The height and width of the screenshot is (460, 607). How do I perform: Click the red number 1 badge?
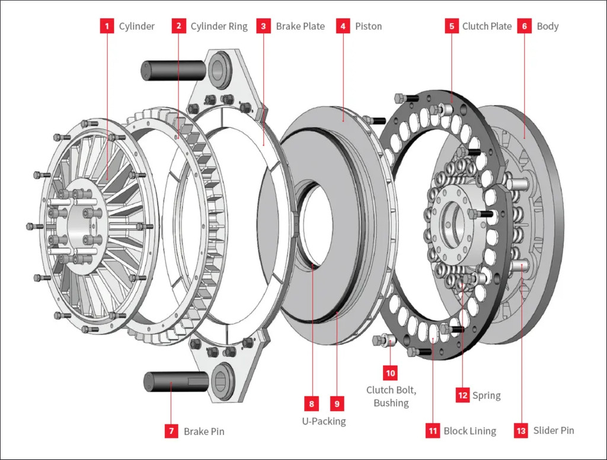[x=107, y=26]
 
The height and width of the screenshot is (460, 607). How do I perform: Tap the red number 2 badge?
[x=178, y=26]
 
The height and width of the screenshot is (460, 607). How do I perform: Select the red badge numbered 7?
[x=171, y=431]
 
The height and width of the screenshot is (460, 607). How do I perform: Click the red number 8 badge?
[x=312, y=404]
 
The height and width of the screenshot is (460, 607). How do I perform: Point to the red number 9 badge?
[x=337, y=404]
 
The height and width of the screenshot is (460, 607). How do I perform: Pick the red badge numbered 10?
[x=390, y=373]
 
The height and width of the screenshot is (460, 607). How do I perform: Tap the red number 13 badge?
[x=521, y=430]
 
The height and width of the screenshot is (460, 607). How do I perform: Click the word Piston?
[x=368, y=26]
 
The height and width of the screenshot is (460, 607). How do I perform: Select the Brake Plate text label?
[x=300, y=26]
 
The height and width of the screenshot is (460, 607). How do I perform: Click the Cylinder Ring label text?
[x=219, y=27]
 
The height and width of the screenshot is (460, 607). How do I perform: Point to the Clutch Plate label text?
[x=487, y=26]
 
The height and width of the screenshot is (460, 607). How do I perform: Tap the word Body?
[x=547, y=27]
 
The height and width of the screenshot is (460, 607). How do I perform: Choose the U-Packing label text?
[x=324, y=421]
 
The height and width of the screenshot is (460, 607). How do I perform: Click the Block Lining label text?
[x=469, y=431]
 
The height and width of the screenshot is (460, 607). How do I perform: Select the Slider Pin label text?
[x=554, y=430]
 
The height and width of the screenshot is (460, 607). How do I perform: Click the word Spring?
[x=486, y=396]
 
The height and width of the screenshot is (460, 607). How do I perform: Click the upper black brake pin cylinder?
[x=173, y=71]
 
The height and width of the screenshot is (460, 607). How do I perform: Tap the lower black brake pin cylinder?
[x=176, y=382]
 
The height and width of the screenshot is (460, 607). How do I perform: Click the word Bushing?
[x=391, y=403]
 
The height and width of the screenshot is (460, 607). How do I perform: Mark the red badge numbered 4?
[x=343, y=26]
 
